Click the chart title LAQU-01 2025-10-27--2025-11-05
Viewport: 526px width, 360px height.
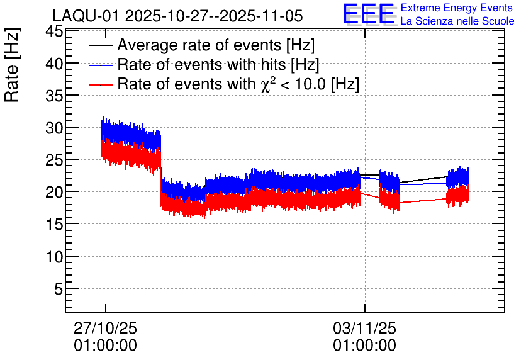click(177, 16)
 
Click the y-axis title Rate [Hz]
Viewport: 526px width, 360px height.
click(12, 65)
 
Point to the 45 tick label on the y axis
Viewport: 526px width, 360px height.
click(54, 32)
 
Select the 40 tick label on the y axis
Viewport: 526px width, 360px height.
click(54, 64)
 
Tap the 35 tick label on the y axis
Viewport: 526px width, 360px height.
click(54, 96)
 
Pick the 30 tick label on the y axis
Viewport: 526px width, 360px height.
click(54, 128)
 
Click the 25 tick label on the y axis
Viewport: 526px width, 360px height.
click(54, 160)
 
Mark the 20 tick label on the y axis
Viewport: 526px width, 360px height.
click(54, 192)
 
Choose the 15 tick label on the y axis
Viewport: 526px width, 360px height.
click(54, 224)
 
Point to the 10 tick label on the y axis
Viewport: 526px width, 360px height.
click(54, 257)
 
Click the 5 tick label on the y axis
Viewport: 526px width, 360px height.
click(59, 288)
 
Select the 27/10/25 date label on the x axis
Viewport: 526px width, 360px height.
click(105, 328)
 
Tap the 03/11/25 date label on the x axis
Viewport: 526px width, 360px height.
click(365, 328)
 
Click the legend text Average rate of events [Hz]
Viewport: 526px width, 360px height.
click(216, 45)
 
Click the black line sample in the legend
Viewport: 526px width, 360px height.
click(101, 45)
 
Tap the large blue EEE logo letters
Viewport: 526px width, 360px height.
click(369, 14)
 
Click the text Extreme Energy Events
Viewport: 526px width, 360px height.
click(457, 8)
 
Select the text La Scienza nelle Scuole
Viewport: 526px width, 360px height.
click(457, 21)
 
